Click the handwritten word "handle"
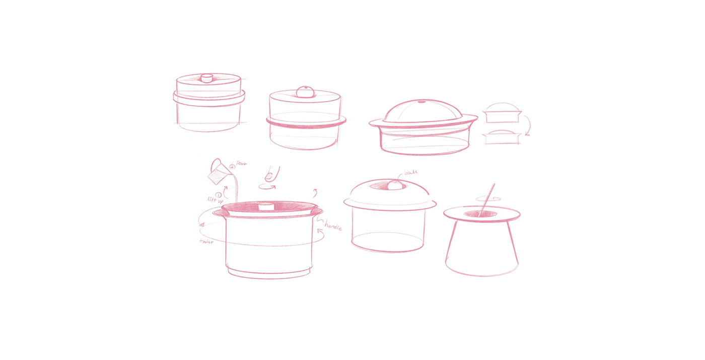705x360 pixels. pyautogui.click(x=333, y=225)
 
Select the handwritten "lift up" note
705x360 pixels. pyautogui.click(x=215, y=200)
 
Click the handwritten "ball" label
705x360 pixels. pyautogui.click(x=411, y=173)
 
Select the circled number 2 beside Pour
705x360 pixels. pyautogui.click(x=232, y=166)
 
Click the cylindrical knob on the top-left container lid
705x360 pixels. pyautogui.click(x=206, y=78)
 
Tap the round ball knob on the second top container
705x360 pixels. pyautogui.click(x=304, y=92)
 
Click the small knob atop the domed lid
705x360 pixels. pyautogui.click(x=421, y=102)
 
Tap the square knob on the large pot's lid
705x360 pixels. pyautogui.click(x=265, y=206)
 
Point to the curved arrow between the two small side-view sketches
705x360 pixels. pyautogui.click(x=527, y=125)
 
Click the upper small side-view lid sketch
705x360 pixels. pyautogui.click(x=502, y=113)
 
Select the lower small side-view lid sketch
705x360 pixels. pyautogui.click(x=502, y=136)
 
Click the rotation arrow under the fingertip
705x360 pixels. pyautogui.click(x=267, y=187)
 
